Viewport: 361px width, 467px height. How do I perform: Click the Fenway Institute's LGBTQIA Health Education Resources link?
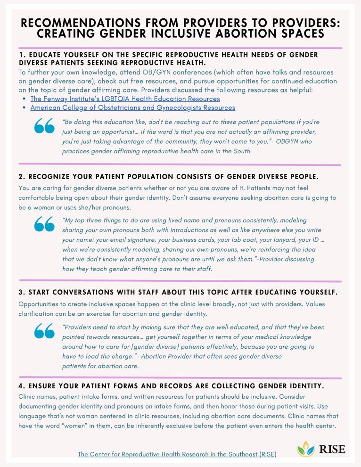pyautogui.click(x=125, y=99)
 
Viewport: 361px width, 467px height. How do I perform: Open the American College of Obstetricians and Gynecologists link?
pyautogui.click(x=132, y=108)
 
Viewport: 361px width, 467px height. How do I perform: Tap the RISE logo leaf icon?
pyautogui.click(x=305, y=449)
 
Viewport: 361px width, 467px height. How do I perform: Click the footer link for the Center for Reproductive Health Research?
pyautogui.click(x=177, y=454)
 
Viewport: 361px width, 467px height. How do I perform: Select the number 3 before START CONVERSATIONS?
pyautogui.click(x=21, y=292)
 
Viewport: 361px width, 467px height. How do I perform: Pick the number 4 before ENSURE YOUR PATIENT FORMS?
pyautogui.click(x=21, y=386)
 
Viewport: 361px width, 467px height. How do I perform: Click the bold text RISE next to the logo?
pyautogui.click(x=332, y=449)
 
